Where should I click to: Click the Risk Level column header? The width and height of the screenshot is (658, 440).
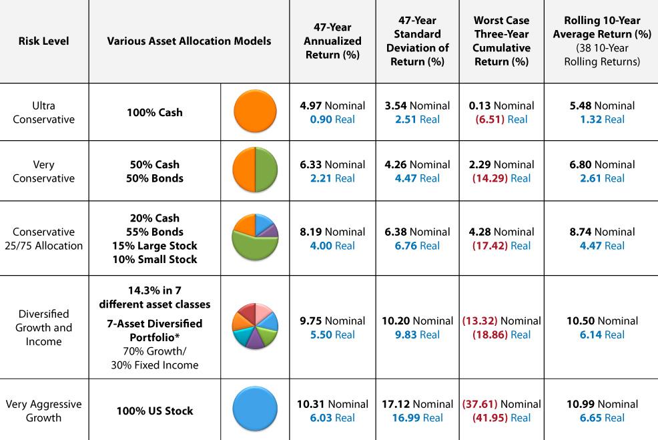tap(43, 41)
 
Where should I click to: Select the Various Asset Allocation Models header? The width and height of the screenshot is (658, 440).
tap(189, 41)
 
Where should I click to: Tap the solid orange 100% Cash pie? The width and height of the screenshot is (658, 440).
tap(255, 112)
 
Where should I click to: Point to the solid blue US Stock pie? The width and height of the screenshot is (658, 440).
tap(255, 410)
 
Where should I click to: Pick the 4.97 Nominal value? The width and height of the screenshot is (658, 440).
tap(332, 105)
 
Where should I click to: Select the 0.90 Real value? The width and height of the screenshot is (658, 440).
tap(332, 120)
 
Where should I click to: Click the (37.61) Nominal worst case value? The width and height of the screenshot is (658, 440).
tap(501, 404)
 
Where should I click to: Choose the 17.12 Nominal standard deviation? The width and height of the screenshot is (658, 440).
tap(418, 404)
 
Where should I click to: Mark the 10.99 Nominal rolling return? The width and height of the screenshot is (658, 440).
tap(602, 404)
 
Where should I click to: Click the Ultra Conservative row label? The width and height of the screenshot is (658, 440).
tap(43, 112)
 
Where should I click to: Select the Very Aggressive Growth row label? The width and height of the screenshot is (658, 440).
tap(43, 411)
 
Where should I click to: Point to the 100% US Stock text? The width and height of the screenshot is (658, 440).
tap(154, 411)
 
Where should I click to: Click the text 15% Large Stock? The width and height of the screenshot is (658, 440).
tap(154, 245)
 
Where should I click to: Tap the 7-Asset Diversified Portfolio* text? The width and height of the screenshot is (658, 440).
tap(154, 330)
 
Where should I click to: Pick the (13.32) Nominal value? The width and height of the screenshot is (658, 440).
tap(501, 320)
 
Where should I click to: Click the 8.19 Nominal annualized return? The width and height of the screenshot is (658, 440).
tap(332, 232)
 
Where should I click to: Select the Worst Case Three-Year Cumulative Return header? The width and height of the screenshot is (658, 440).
tap(501, 41)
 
